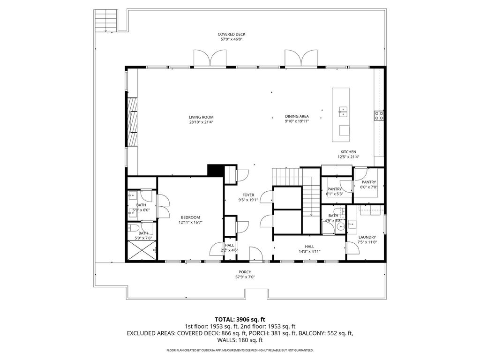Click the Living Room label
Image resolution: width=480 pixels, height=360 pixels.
[201, 117]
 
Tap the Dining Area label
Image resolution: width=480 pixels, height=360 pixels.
[297, 116]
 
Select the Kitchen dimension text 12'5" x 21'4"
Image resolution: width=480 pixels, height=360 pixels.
[348, 157]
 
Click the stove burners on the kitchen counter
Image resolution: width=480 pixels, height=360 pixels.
[379, 115]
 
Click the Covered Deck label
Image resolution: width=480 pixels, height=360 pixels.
[232, 34]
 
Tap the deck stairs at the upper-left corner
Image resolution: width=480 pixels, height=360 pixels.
[106, 20]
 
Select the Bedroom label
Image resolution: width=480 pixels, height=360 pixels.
[190, 217]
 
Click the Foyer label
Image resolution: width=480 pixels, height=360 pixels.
[248, 195]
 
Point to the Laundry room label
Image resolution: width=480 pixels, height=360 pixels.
[367, 237]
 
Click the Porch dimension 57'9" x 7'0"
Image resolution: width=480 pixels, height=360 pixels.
[245, 277]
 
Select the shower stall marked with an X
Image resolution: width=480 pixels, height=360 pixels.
[142, 250]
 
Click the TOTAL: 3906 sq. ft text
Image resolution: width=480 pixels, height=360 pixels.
[240, 320]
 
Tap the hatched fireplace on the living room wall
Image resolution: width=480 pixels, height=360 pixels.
[132, 122]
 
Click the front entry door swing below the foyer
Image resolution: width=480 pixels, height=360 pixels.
[255, 254]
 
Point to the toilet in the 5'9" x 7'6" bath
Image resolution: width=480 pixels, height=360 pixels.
[133, 227]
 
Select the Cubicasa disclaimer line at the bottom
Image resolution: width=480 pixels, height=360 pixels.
[240, 350]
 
